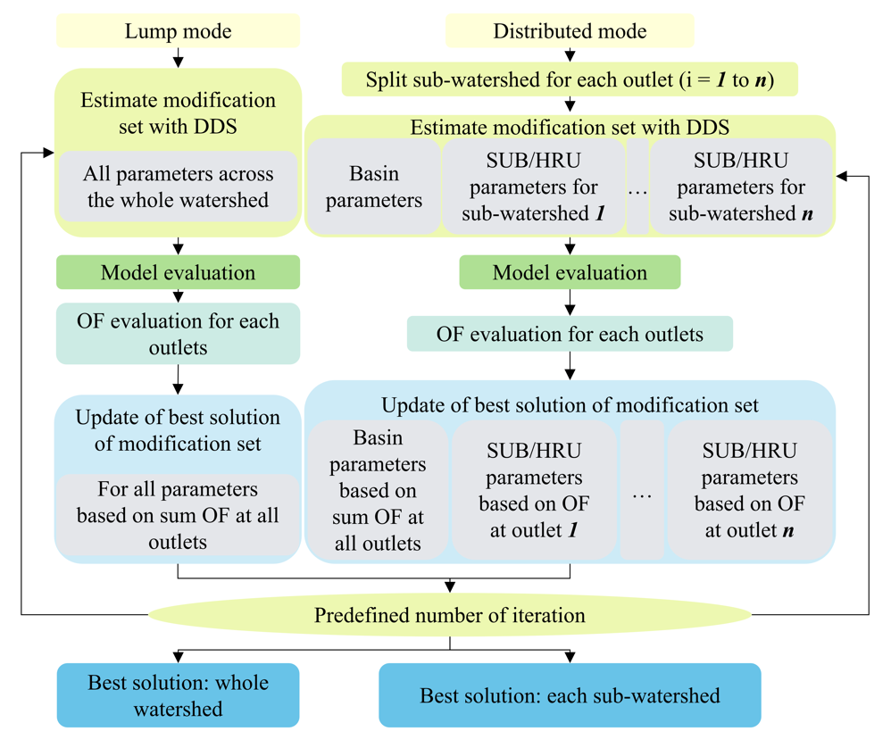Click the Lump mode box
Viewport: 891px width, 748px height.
(x=178, y=30)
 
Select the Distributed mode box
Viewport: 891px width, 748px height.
(x=570, y=30)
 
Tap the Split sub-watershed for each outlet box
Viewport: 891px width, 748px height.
(x=570, y=79)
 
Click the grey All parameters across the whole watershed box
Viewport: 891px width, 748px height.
(x=178, y=187)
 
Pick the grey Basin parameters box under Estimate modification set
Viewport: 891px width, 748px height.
(x=374, y=187)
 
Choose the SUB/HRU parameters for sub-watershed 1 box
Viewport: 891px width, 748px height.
(x=534, y=187)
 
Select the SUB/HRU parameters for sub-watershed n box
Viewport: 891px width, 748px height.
(x=741, y=187)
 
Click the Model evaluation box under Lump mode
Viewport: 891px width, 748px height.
(x=178, y=272)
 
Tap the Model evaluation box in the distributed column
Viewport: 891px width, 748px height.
(x=570, y=272)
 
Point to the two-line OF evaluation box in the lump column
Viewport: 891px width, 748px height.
(x=178, y=334)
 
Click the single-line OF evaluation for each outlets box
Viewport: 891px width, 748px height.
(x=570, y=334)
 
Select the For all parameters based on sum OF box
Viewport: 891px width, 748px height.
(x=178, y=515)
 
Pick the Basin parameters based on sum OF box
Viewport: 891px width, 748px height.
(x=378, y=490)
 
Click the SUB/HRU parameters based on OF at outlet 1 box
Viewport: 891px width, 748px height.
(x=534, y=490)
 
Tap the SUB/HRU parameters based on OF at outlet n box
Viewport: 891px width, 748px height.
(x=750, y=490)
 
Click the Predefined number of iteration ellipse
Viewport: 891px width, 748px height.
(x=449, y=614)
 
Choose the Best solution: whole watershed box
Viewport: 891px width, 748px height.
(x=178, y=695)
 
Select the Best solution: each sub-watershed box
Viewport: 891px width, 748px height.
(x=570, y=695)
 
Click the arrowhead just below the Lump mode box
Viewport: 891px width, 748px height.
(x=178, y=62)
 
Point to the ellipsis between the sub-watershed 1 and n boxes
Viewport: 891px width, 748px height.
(x=637, y=193)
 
